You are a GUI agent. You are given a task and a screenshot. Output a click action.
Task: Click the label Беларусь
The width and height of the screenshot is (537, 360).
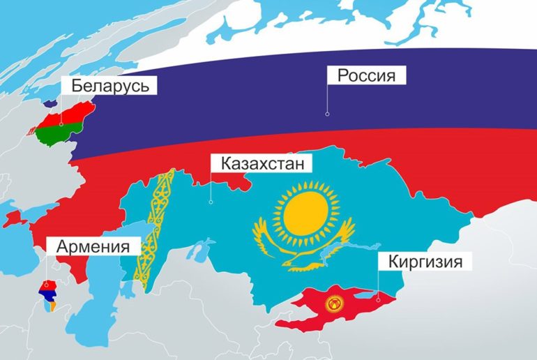tap(109, 85)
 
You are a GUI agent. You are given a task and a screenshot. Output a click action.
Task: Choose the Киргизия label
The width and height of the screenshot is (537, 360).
tap(420, 263)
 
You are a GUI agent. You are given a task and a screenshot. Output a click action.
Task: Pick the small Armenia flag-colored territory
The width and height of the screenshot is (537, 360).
tap(48, 293)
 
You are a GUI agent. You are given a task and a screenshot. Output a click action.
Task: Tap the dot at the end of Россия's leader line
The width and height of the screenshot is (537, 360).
tap(327, 112)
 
